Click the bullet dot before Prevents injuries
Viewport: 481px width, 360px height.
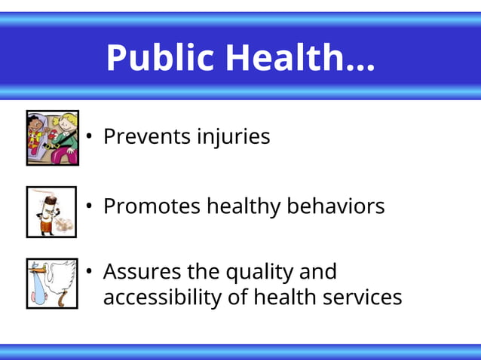[x=88, y=137]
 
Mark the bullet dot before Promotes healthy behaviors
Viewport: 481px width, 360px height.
[x=88, y=206]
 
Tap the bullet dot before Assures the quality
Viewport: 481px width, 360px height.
[x=88, y=272]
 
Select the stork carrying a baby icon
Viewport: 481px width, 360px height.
[x=51, y=283]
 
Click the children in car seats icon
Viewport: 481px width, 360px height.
[x=52, y=137]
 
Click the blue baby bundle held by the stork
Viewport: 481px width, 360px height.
[x=38, y=291]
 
